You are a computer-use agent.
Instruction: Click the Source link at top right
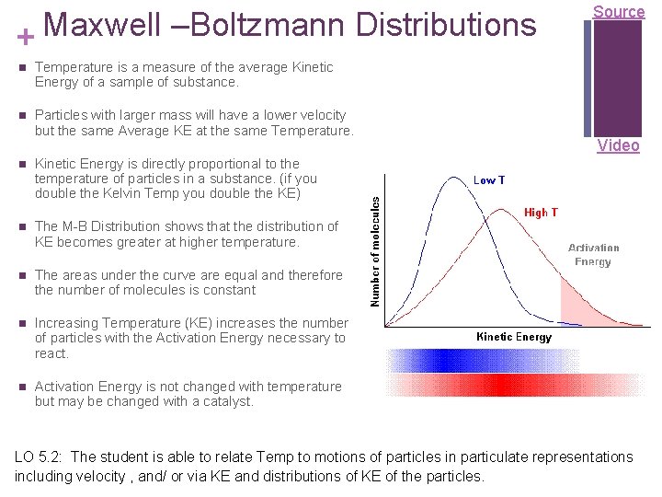tap(618, 12)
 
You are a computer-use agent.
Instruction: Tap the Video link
tap(618, 145)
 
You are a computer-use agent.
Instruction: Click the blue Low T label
tap(488, 180)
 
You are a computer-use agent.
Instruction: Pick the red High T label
tap(541, 213)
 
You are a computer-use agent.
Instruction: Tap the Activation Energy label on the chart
tap(594, 255)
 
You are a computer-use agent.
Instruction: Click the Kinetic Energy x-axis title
tap(514, 337)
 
